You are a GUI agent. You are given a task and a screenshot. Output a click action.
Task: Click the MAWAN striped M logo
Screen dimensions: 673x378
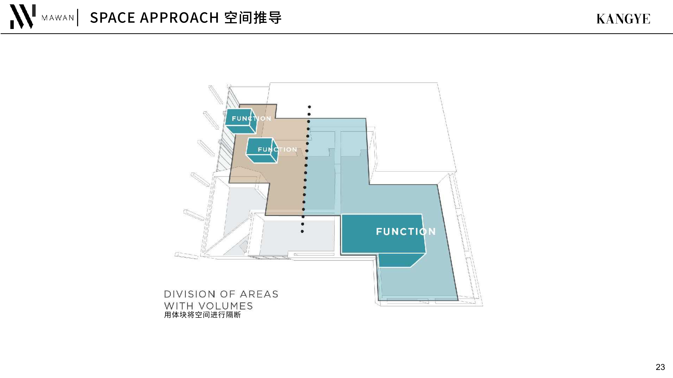click(22, 16)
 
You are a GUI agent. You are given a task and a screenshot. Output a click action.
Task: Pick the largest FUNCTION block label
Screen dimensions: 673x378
click(406, 231)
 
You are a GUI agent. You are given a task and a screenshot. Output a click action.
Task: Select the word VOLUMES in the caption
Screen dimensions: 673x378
click(226, 306)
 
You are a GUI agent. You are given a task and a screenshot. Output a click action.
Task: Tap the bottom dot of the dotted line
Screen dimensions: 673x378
click(302, 231)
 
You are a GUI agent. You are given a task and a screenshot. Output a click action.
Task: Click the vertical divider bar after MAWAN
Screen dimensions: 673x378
click(78, 18)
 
